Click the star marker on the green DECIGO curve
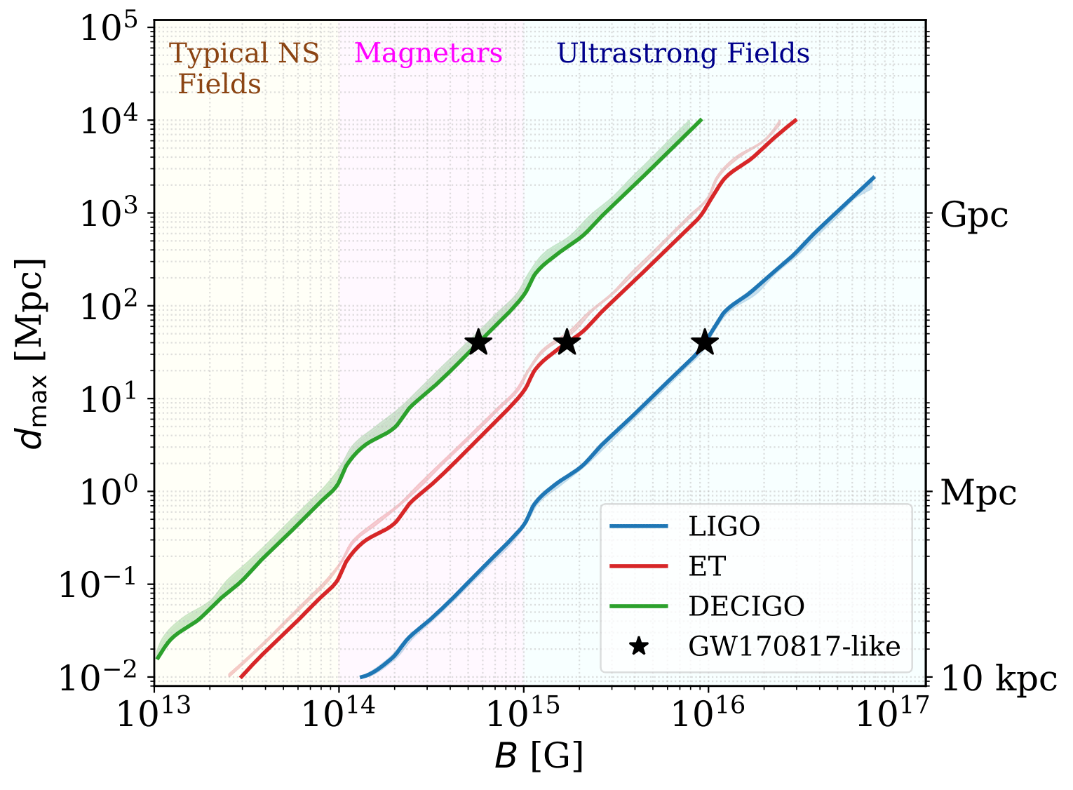click(478, 342)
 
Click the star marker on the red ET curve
click(567, 342)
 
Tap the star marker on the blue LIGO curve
click(705, 342)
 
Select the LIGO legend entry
click(724, 526)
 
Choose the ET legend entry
click(706, 566)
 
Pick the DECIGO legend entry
click(746, 606)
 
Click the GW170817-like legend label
click(794, 646)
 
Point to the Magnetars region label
click(428, 53)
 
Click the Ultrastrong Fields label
click(683, 53)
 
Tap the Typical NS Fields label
click(244, 69)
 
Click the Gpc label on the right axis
click(974, 215)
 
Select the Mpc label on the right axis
click(978, 493)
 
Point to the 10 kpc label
click(998, 678)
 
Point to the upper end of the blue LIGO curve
click(874, 178)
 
